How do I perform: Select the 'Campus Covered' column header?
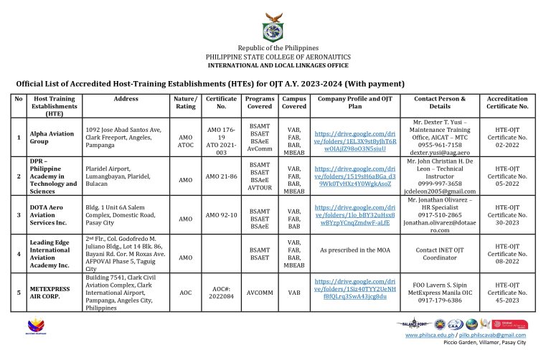(x=294, y=103)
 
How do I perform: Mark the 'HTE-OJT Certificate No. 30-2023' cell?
(x=508, y=213)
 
